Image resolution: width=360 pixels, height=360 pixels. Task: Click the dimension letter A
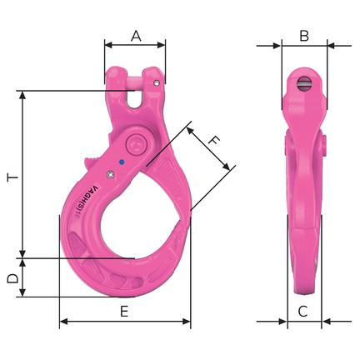(136, 36)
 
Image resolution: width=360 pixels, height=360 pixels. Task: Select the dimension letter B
(304, 36)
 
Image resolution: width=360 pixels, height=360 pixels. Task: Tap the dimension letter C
(302, 312)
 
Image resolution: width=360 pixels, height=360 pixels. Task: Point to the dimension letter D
(12, 278)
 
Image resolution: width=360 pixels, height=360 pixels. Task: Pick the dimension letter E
(124, 312)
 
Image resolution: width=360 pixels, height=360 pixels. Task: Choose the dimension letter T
(12, 177)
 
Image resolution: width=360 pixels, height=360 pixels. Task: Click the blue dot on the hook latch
(121, 162)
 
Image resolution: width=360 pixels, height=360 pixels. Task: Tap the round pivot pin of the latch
(136, 144)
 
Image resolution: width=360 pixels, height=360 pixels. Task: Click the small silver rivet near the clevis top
(157, 82)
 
